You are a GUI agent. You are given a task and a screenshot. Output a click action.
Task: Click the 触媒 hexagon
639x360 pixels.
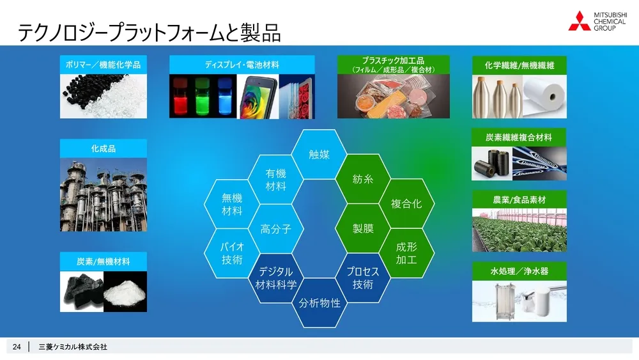319,154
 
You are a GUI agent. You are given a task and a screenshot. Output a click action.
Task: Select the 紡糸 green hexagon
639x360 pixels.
363,179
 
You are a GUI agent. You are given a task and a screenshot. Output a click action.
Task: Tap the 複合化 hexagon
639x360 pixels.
406,204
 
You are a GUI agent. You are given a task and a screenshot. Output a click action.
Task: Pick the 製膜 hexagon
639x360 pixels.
363,228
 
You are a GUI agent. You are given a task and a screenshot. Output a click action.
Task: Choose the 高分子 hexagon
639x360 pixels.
276,228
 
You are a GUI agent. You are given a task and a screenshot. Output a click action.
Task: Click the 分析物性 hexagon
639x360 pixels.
319,302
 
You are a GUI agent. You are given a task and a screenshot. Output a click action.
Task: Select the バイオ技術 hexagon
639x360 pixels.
232,253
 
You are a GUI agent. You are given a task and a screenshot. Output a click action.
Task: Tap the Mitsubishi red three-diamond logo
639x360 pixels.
580,21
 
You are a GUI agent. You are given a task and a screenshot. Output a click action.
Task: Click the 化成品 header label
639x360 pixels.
104,148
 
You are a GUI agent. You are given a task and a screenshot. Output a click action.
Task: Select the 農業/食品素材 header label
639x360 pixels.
519,200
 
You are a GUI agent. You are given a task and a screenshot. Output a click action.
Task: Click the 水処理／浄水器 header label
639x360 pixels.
519,271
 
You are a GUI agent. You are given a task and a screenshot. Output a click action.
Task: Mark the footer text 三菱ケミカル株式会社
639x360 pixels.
73,347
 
